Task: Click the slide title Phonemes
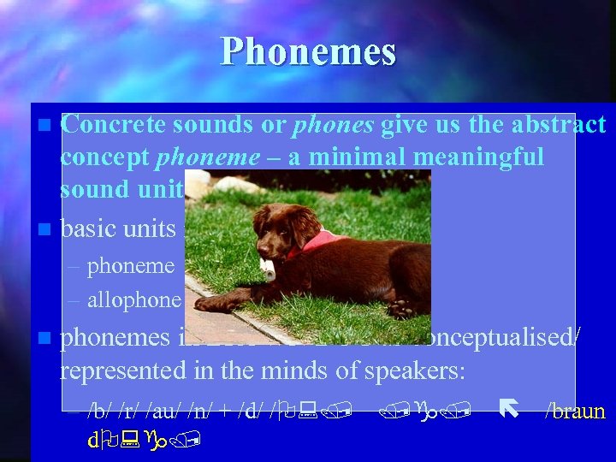coord(308,51)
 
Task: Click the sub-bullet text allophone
coord(133,299)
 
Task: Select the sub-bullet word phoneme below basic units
coord(130,266)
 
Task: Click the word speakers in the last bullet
coord(406,370)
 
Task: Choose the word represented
coord(120,370)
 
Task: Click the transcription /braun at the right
coord(575,412)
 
